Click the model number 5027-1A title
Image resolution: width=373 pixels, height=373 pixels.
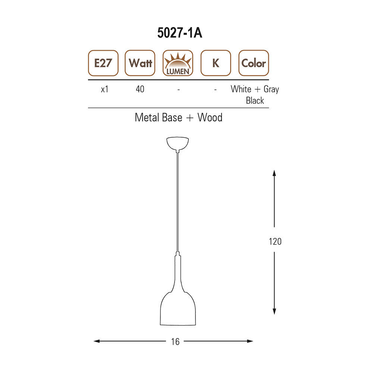[x=179, y=33]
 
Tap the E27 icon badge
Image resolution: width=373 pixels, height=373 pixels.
[x=103, y=63]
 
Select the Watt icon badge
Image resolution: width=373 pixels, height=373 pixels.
[x=140, y=63]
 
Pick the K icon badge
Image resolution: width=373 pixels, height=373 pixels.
[x=216, y=63]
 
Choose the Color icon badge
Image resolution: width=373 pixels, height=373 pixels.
[x=254, y=63]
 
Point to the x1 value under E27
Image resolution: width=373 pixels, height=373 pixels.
[x=104, y=90]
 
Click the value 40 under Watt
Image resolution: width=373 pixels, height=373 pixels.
[x=140, y=90]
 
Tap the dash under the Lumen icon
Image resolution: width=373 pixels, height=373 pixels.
[x=179, y=90]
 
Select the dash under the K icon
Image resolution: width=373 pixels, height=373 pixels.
[x=216, y=90]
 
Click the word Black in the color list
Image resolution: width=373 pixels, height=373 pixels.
[x=255, y=100]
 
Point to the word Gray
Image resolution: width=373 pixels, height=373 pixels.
[x=271, y=90]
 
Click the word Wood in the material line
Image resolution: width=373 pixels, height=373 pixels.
[x=210, y=117]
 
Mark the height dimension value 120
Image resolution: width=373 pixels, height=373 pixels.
[x=275, y=241]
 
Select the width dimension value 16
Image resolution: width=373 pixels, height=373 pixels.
[x=175, y=341]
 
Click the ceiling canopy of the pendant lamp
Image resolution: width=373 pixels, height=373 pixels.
[x=178, y=143]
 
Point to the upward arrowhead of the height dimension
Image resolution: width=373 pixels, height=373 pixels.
[x=275, y=173]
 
